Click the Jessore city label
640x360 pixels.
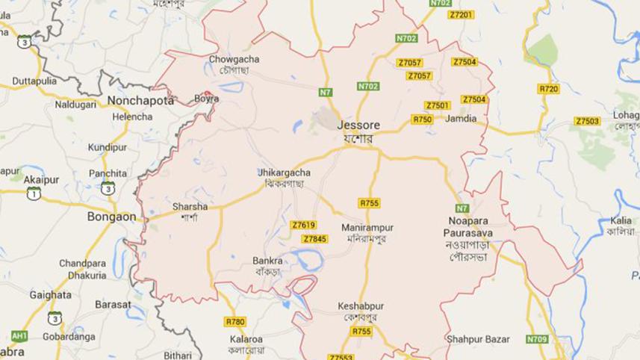click(x=355, y=125)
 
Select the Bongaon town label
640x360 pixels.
click(x=111, y=217)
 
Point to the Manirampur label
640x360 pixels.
click(x=367, y=227)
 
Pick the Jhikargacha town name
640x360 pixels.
click(x=284, y=173)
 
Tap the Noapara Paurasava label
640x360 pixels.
click(x=469, y=226)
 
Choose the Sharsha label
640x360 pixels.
click(x=190, y=206)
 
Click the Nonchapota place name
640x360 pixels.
click(x=141, y=99)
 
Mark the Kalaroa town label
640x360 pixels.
click(x=246, y=339)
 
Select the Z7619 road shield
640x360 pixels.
click(x=304, y=225)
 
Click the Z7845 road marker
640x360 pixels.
click(x=315, y=238)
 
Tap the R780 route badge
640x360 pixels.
click(x=234, y=321)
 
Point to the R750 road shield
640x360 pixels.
click(x=422, y=119)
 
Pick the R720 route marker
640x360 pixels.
click(x=548, y=89)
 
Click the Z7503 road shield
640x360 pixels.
click(x=587, y=121)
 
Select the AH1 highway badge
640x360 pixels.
click(x=19, y=335)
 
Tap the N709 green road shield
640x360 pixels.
click(x=536, y=339)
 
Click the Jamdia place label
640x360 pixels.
click(x=461, y=118)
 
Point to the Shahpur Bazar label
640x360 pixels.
click(x=478, y=339)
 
